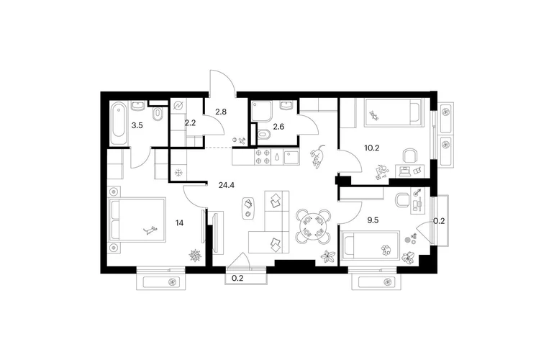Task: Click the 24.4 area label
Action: (x=227, y=185)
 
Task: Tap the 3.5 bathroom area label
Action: (x=137, y=125)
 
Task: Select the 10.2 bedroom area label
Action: (x=372, y=148)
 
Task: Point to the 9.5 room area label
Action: (x=373, y=220)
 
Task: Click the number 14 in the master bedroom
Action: (x=179, y=222)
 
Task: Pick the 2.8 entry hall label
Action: (x=221, y=112)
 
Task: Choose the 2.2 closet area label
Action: (x=190, y=123)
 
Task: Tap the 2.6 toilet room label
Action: (x=278, y=126)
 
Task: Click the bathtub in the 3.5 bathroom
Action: (x=118, y=123)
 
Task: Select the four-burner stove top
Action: (x=263, y=157)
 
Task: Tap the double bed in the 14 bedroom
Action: (x=137, y=220)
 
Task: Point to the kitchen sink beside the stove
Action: (x=291, y=157)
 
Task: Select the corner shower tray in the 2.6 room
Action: (x=261, y=112)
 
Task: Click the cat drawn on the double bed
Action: (x=150, y=230)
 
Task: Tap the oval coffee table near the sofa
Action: (x=248, y=208)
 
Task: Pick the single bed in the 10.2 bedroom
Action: (x=394, y=112)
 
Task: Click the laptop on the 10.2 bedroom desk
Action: (x=404, y=171)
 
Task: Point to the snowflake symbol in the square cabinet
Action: (x=179, y=173)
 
